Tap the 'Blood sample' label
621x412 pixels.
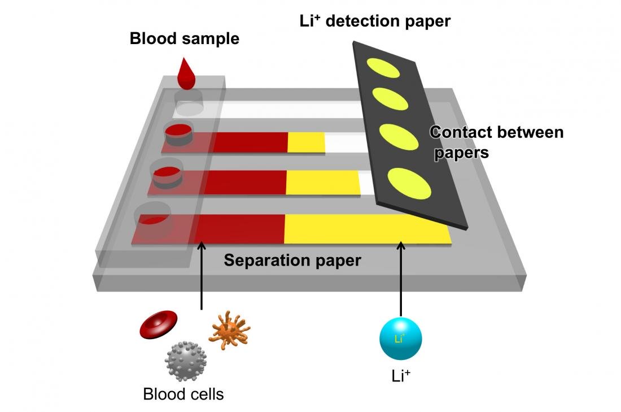tap(184, 39)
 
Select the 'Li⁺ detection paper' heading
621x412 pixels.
tap(375, 21)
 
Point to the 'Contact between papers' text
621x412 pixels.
tap(496, 142)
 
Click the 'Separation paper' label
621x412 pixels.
tap(292, 261)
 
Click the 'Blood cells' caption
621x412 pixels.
tap(183, 393)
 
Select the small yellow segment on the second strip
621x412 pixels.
tap(307, 143)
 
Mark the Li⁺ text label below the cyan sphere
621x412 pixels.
tap(400, 375)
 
